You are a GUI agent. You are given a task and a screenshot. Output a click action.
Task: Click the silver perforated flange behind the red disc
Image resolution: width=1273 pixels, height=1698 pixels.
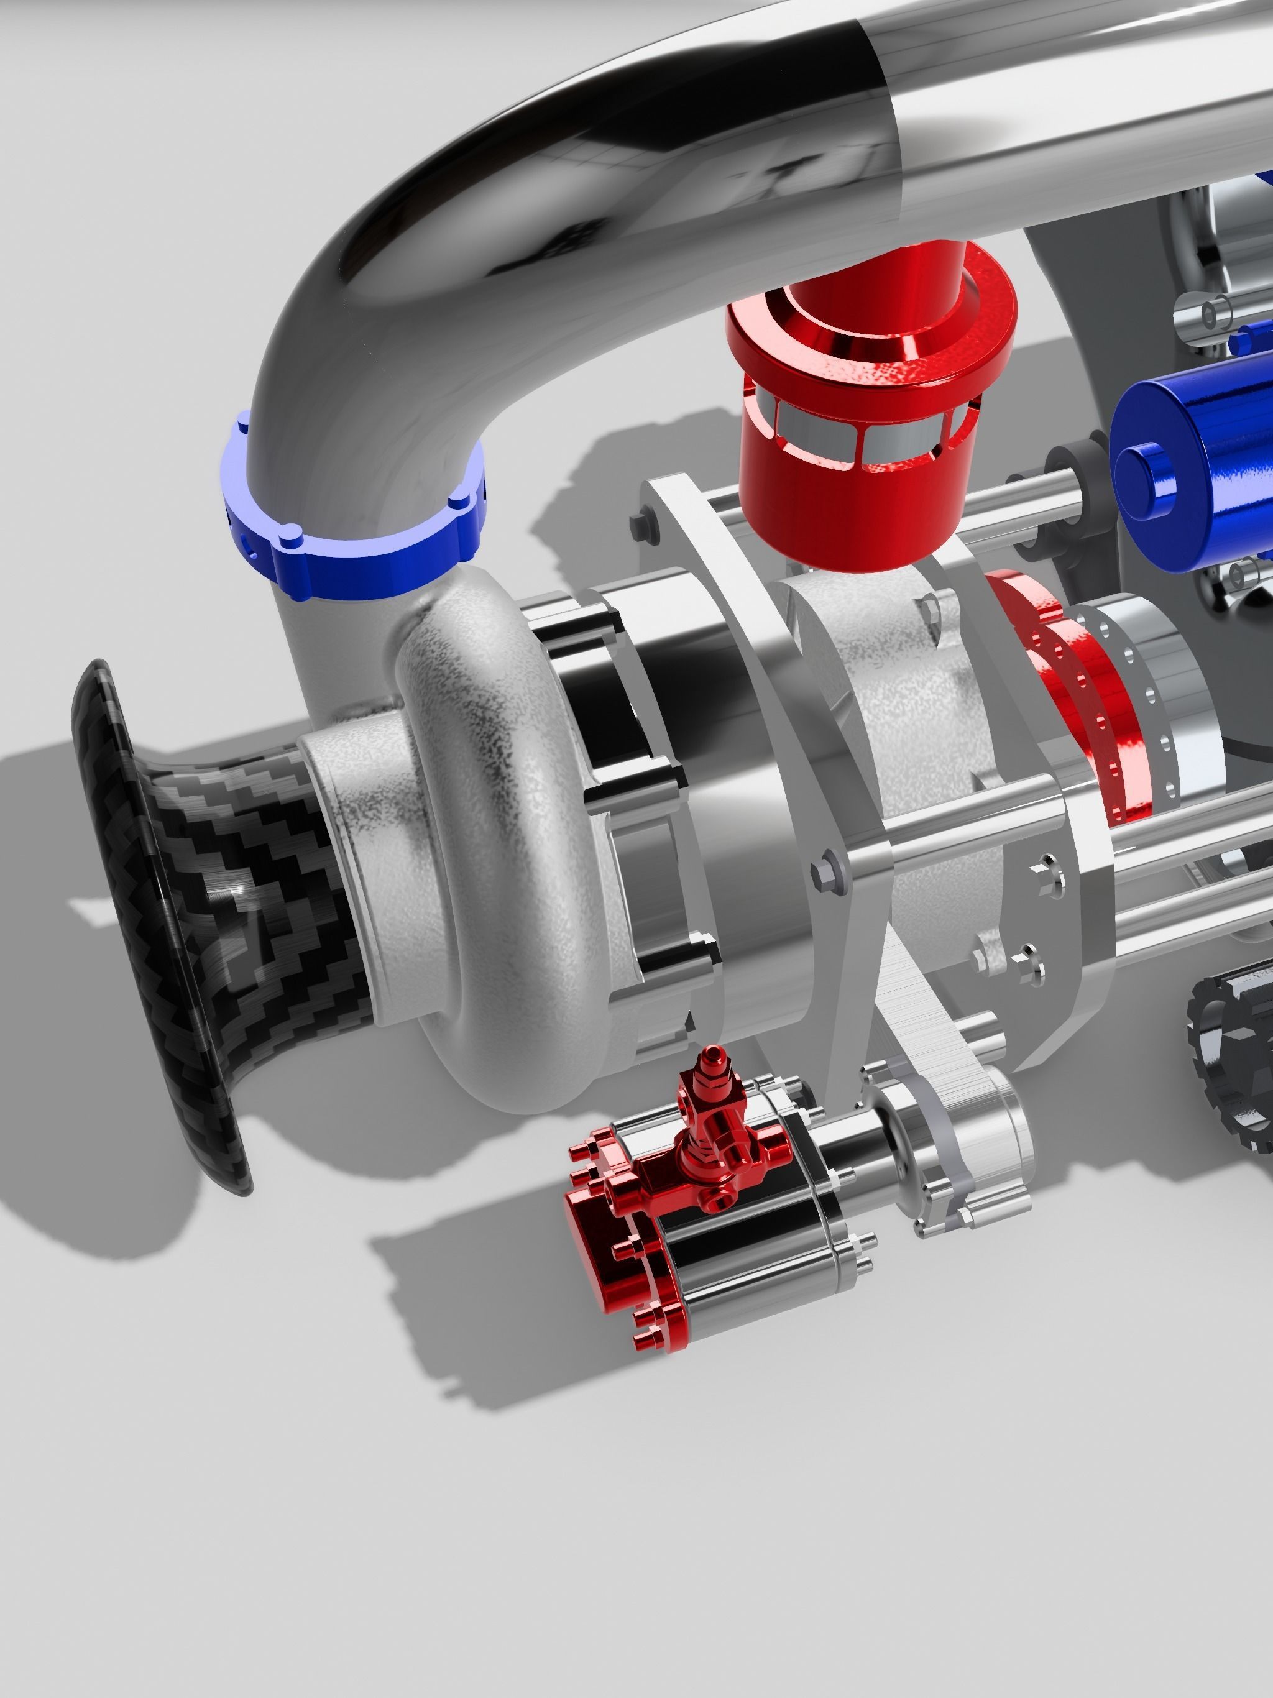coord(1152,683)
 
